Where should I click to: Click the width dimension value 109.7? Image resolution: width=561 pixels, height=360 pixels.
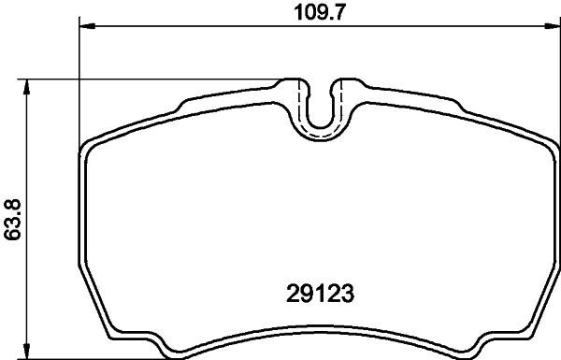(310, 12)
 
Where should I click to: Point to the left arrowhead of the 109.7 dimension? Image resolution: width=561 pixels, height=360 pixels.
(85, 27)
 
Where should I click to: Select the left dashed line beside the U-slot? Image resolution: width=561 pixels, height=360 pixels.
(300, 108)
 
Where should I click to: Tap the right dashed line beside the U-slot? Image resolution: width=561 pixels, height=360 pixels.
(341, 108)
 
